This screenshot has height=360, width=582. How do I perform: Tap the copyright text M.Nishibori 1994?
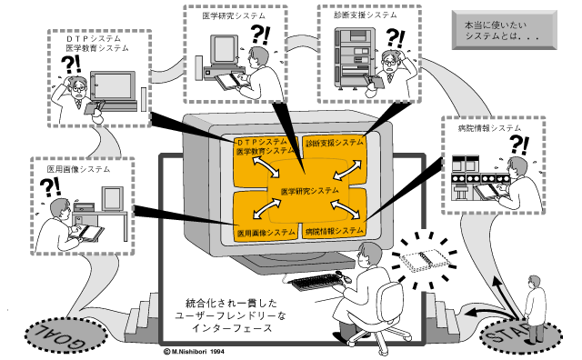(x=194, y=351)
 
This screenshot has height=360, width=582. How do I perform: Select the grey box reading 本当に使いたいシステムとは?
(x=505, y=30)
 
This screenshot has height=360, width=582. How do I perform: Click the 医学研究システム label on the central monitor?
(x=310, y=192)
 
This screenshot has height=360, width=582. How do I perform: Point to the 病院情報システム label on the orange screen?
(x=335, y=231)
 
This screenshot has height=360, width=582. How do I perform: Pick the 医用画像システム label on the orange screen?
(x=266, y=233)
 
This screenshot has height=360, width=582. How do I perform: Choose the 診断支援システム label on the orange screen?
(x=335, y=143)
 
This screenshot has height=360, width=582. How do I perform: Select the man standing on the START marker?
(x=536, y=308)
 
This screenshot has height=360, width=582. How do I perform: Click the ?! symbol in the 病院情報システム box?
(x=519, y=145)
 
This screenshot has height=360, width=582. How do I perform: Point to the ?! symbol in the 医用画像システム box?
(x=50, y=187)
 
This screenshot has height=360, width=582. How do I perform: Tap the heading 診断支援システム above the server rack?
(x=366, y=15)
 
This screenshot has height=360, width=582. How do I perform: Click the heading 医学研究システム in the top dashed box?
(x=234, y=15)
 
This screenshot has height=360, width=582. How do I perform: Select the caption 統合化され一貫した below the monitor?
(x=231, y=303)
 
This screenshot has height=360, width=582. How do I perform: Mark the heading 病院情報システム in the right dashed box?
(x=489, y=128)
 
